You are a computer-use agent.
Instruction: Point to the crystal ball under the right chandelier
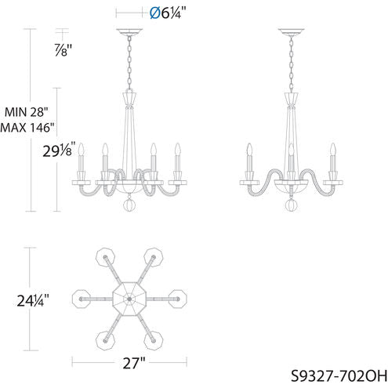291,207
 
